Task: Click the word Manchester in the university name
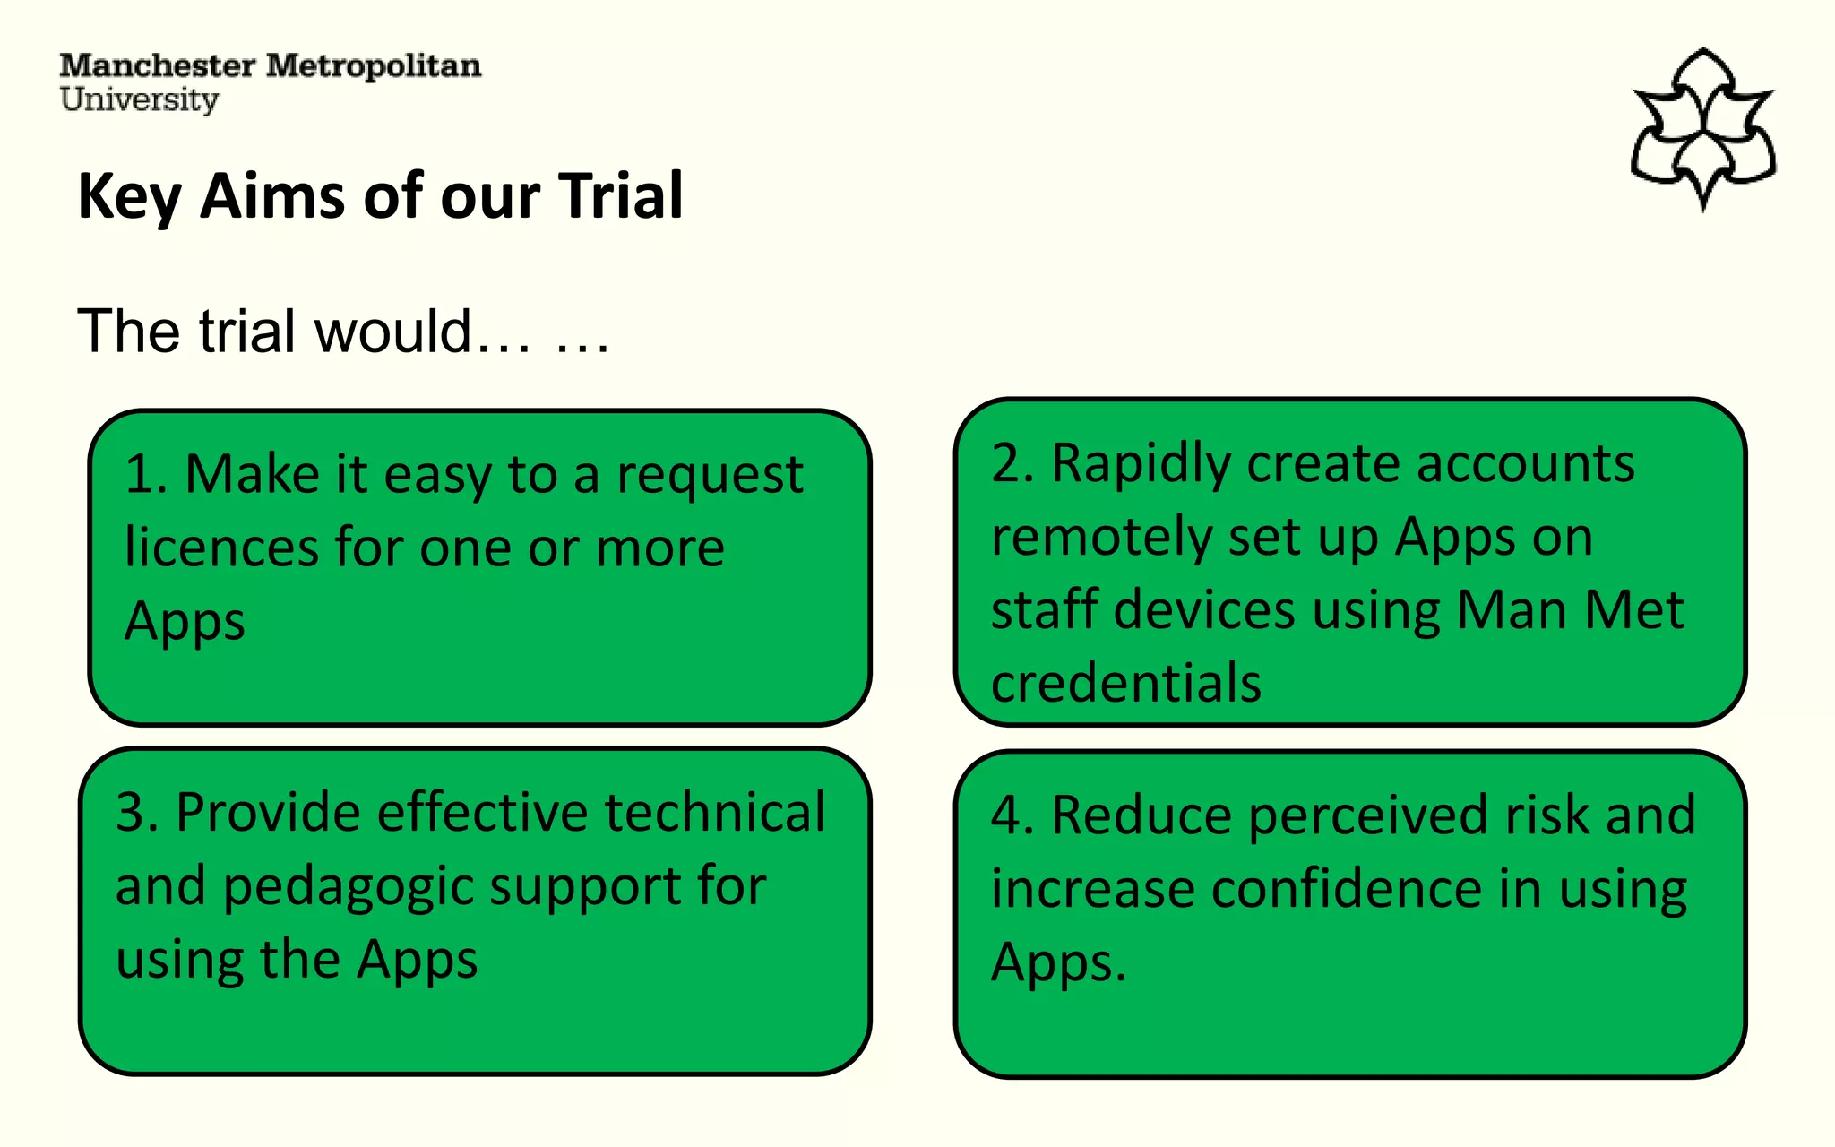point(157,66)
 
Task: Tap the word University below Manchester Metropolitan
point(139,99)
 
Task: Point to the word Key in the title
point(129,197)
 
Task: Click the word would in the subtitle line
point(392,332)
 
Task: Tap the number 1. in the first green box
point(146,474)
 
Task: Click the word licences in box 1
point(220,548)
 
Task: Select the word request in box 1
point(710,475)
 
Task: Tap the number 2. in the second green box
point(1012,464)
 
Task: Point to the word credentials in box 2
point(1126,683)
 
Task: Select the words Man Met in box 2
point(1570,610)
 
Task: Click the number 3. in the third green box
point(137,813)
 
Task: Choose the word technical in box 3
point(714,813)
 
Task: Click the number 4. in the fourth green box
point(1012,816)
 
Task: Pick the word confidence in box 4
point(1347,890)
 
